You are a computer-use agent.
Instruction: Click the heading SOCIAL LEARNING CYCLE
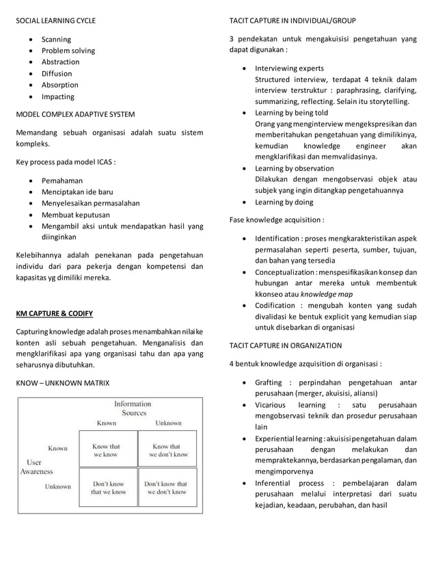pyautogui.click(x=56, y=21)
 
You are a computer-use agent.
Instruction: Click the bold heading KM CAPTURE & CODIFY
pyautogui.click(x=55, y=315)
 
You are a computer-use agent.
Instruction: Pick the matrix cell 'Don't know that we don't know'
pyautogui.click(x=166, y=487)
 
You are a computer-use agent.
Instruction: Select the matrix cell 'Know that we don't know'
pyautogui.click(x=166, y=450)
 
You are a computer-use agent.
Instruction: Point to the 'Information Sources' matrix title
pyautogui.click(x=133, y=408)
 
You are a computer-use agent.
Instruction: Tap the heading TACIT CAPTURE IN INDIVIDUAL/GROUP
pyautogui.click(x=292, y=21)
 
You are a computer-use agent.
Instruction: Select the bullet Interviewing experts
pyautogui.click(x=289, y=68)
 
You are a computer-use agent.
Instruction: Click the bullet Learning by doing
pyautogui.click(x=284, y=202)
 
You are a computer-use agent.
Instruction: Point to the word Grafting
pyautogui.click(x=268, y=382)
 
